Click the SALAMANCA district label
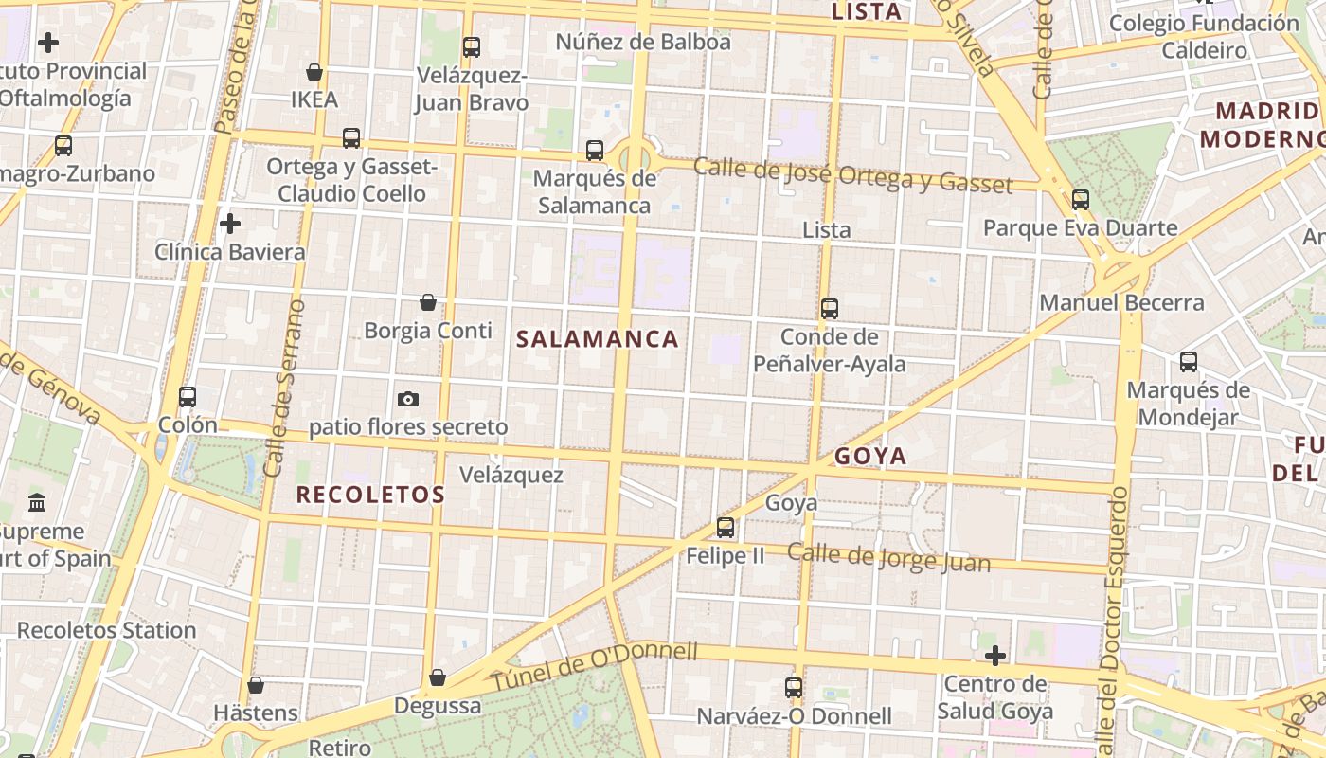[x=598, y=339]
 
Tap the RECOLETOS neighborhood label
[x=370, y=495]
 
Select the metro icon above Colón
[x=188, y=397]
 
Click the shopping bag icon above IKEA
[x=314, y=72]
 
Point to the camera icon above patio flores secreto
[x=408, y=399]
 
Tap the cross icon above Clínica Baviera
[x=229, y=224]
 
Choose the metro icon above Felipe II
[x=726, y=528]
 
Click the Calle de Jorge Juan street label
[x=888, y=558]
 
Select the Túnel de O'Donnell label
[x=594, y=666]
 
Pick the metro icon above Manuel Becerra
[x=1081, y=200]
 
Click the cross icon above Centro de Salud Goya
[x=994, y=655]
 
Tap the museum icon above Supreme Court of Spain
[x=37, y=502]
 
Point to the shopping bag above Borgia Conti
[x=428, y=302]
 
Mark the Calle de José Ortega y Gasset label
[x=852, y=175]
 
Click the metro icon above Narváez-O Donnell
[x=794, y=688]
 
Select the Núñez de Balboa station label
[x=643, y=42]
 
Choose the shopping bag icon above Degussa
[x=437, y=677]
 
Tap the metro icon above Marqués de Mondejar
[x=1189, y=362]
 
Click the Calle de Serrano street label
[x=285, y=388]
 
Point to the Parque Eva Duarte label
[x=1080, y=227]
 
